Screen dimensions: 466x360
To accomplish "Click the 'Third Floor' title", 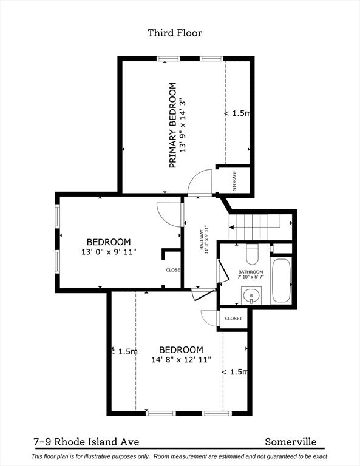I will [x=175, y=33].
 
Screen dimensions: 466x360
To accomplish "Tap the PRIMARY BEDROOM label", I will [x=172, y=125].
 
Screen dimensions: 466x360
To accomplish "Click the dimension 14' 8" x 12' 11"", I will [x=181, y=359].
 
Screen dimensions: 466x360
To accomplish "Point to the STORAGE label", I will [x=234, y=180].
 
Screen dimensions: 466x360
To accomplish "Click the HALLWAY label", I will [x=201, y=238].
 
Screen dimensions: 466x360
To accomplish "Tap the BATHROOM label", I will [x=250, y=271].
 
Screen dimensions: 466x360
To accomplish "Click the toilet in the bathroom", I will [x=253, y=251].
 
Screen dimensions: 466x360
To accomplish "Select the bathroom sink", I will [x=250, y=296].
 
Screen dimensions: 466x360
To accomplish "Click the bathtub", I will [x=281, y=280].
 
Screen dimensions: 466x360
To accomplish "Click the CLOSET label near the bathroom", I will [x=233, y=318].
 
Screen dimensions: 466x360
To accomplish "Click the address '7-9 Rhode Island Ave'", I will [x=86, y=442].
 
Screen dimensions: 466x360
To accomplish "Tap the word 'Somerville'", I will [x=290, y=442].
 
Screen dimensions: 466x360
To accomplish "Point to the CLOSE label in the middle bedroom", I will [x=173, y=270].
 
